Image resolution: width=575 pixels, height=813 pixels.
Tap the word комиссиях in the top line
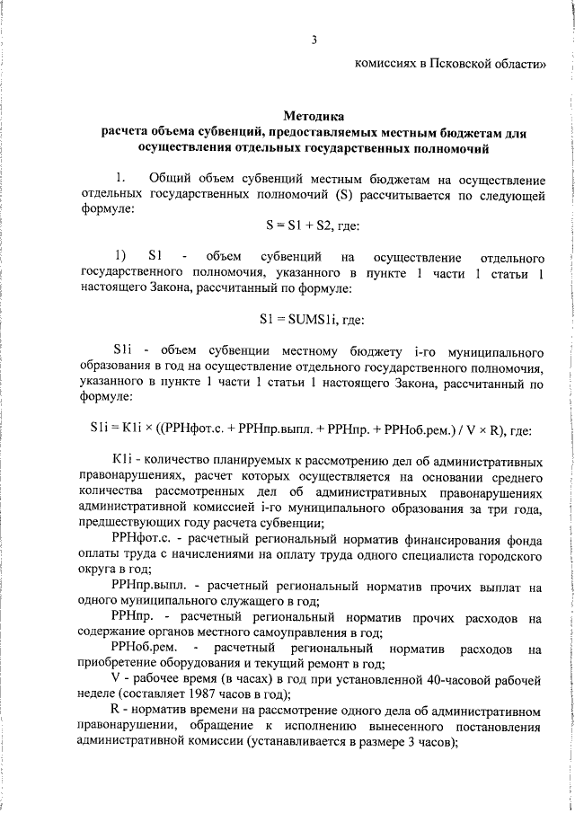point(384,64)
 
